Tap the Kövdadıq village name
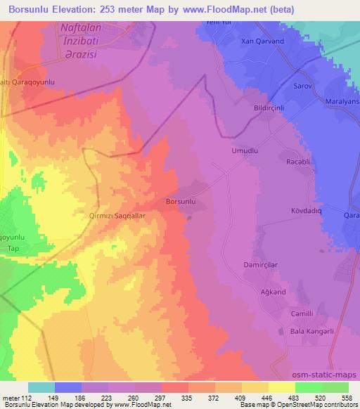[x=306, y=210]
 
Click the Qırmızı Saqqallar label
[x=117, y=217]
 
